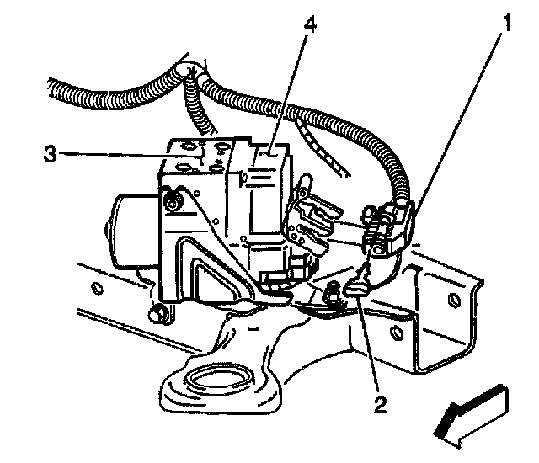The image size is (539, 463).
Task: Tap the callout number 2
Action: click(x=380, y=406)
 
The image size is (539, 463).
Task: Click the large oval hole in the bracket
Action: click(x=217, y=379)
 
